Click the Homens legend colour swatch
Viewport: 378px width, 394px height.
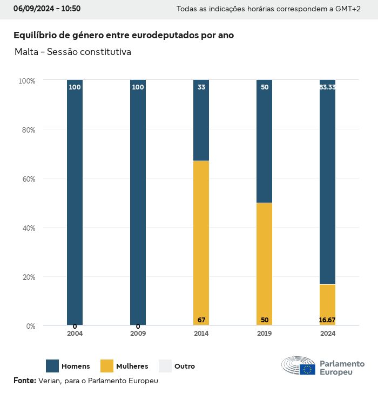pyautogui.click(x=52, y=366)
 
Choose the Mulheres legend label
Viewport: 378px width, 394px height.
pyautogui.click(x=132, y=367)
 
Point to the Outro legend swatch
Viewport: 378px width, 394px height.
pyautogui.click(x=165, y=366)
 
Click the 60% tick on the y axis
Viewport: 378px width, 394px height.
pyautogui.click(x=27, y=178)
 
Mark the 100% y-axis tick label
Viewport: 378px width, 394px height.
pyautogui.click(x=26, y=80)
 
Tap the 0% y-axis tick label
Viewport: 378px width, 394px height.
pyautogui.click(x=30, y=326)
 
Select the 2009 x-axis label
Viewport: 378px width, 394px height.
pyautogui.click(x=138, y=334)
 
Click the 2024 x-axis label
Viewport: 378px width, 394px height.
pyautogui.click(x=327, y=334)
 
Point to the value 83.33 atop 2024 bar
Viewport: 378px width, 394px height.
pyautogui.click(x=327, y=87)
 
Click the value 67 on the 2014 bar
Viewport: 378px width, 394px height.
pyautogui.click(x=201, y=320)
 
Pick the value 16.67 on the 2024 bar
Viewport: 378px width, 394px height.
pyautogui.click(x=327, y=320)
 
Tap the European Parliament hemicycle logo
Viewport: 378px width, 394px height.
pyautogui.click(x=298, y=366)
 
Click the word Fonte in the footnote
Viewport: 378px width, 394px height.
pyautogui.click(x=24, y=381)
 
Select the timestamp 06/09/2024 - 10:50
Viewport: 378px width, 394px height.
pyautogui.click(x=47, y=9)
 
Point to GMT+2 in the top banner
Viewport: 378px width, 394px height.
pyautogui.click(x=347, y=9)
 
